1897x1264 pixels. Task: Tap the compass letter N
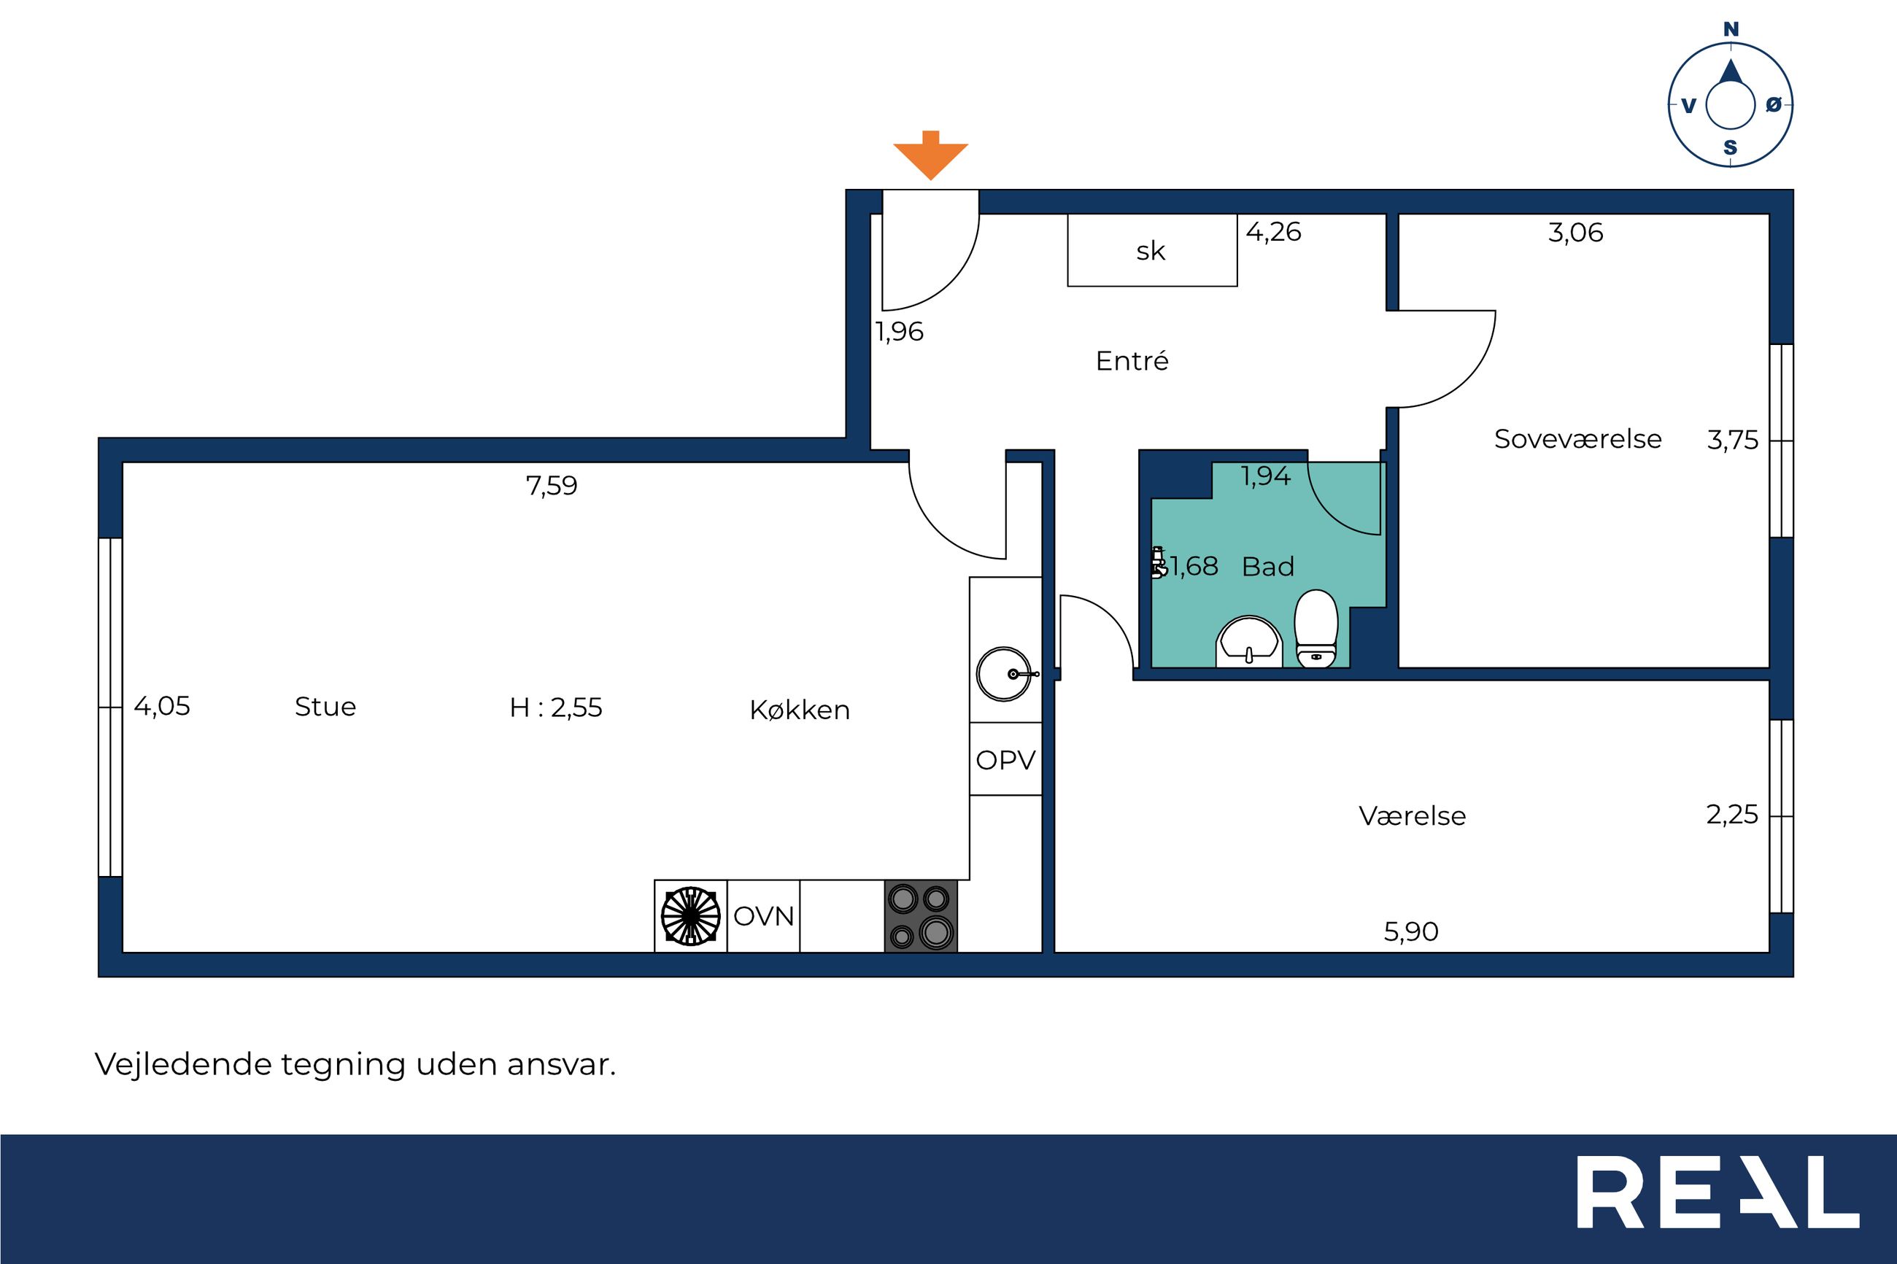(x=1730, y=30)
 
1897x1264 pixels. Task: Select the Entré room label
(x=1131, y=360)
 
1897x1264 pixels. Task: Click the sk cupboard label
(x=1151, y=251)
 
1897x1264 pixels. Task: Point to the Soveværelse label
(x=1577, y=438)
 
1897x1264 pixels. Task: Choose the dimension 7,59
(x=552, y=485)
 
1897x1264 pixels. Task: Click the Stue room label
(x=325, y=706)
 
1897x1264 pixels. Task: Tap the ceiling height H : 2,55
(x=555, y=707)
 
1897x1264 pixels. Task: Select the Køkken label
(x=800, y=710)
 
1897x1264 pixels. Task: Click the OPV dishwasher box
(x=1005, y=759)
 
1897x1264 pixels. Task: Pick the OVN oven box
(x=763, y=916)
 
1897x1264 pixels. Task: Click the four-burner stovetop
(x=921, y=916)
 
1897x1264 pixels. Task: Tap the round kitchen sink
(x=1004, y=674)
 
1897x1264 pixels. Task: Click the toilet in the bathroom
(x=1315, y=629)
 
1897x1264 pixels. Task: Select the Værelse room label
(x=1413, y=815)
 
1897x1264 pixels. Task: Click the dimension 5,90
(x=1411, y=931)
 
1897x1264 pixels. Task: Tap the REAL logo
(x=1718, y=1203)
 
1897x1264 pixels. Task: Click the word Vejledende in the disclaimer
(x=183, y=1064)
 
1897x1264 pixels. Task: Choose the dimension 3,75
(x=1733, y=440)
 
